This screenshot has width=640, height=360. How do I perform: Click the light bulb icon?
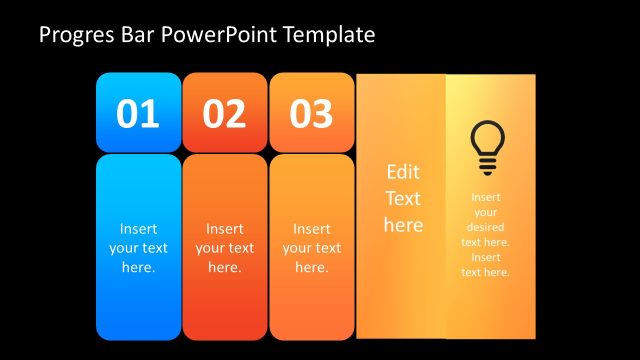[487, 145]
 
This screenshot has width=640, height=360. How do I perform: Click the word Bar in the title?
[132, 36]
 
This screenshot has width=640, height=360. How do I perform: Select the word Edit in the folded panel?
[403, 172]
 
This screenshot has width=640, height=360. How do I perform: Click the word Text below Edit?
[403, 198]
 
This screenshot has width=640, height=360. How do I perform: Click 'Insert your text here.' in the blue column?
[138, 248]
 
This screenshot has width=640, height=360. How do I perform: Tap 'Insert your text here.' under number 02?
[224, 248]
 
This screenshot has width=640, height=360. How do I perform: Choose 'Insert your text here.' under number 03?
[311, 248]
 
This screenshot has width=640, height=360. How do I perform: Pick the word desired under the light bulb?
[486, 227]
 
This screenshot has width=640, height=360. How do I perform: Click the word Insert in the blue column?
[138, 228]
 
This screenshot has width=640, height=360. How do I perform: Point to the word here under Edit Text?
[403, 225]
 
